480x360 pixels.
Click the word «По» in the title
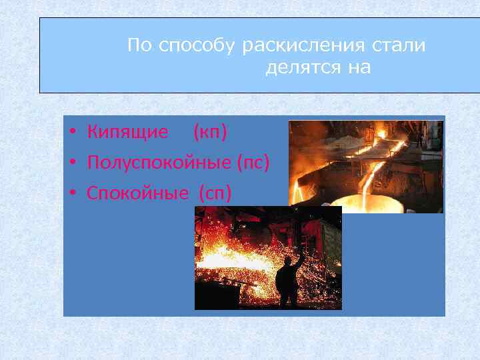click(139, 46)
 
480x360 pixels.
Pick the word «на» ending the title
click(357, 68)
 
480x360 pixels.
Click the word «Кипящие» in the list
click(127, 132)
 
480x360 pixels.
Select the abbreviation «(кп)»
click(210, 132)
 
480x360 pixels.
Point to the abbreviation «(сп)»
click(215, 193)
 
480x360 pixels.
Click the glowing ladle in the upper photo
click(367, 203)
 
